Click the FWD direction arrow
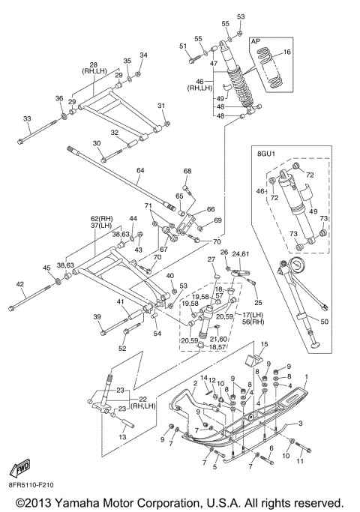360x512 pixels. pyautogui.click(x=20, y=467)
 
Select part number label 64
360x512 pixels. pyautogui.click(x=140, y=170)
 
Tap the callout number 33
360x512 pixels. pyautogui.click(x=27, y=118)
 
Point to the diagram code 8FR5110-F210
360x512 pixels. pyautogui.click(x=31, y=484)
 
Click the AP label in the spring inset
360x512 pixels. pyautogui.click(x=256, y=41)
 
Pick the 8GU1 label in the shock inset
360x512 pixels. pyautogui.click(x=266, y=153)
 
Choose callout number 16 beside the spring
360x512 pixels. pyautogui.click(x=286, y=52)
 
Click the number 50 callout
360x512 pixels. pyautogui.click(x=325, y=322)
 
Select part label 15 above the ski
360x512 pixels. pyautogui.click(x=264, y=344)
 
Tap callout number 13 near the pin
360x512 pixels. pyautogui.click(x=122, y=437)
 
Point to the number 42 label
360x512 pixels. pyautogui.click(x=19, y=284)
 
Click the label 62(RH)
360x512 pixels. pyautogui.click(x=101, y=218)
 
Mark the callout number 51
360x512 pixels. pyautogui.click(x=183, y=46)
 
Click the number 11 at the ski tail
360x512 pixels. pyautogui.click(x=300, y=461)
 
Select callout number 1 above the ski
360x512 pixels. pyautogui.click(x=307, y=377)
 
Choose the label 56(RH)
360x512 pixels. pyautogui.click(x=253, y=322)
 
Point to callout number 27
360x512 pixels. pyautogui.click(x=211, y=259)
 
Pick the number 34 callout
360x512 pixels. pyautogui.click(x=144, y=55)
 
